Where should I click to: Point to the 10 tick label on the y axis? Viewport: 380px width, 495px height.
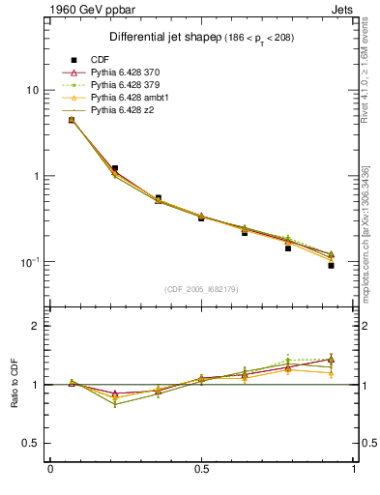point(31,90)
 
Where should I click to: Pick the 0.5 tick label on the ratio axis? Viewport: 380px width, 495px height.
point(33,443)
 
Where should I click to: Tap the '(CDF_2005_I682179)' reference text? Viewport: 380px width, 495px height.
point(201,289)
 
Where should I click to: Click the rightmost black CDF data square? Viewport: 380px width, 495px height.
point(331,265)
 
